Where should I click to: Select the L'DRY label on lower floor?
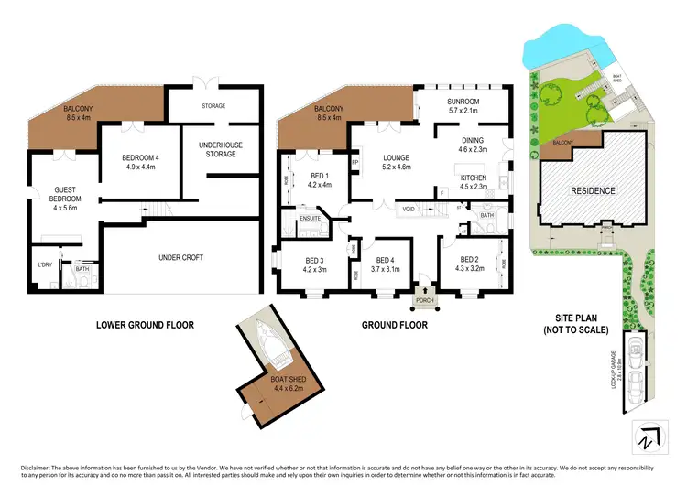(45, 264)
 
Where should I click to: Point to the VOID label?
(409, 208)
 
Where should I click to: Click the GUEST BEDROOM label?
(47, 198)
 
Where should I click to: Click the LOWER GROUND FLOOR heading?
(146, 325)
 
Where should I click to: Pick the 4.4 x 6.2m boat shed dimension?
(288, 389)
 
